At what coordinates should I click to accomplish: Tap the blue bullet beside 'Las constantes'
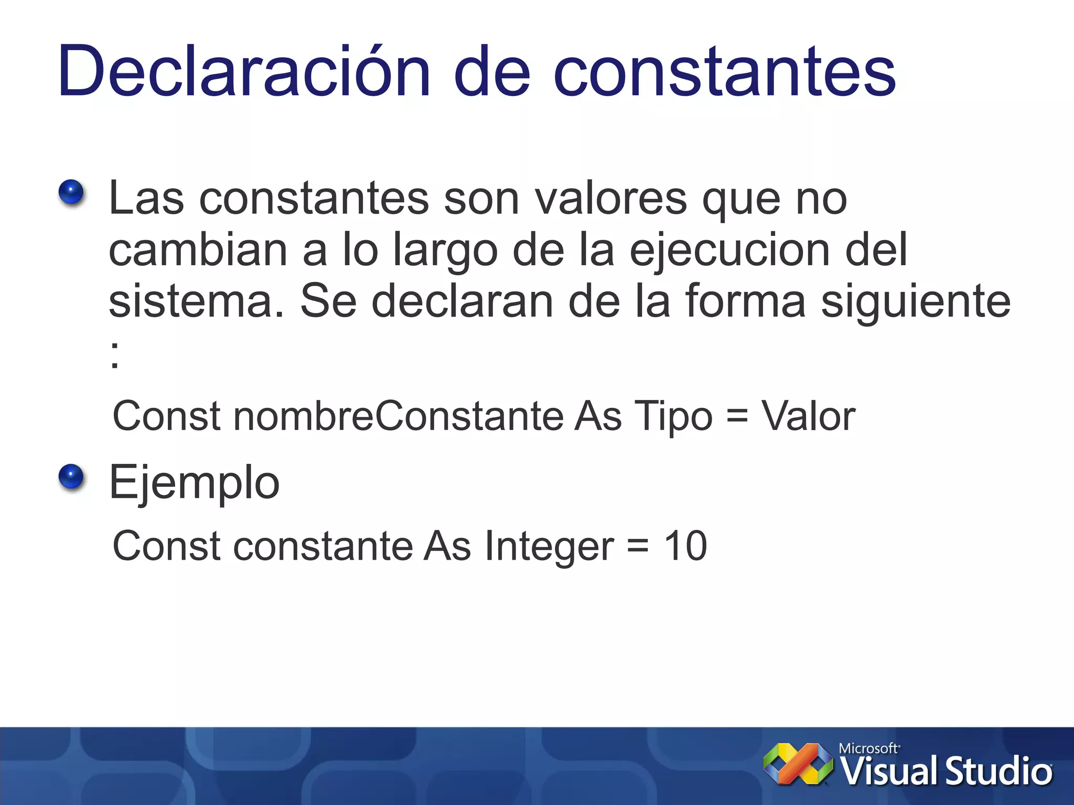click(x=71, y=192)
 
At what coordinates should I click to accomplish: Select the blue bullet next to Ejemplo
click(x=71, y=476)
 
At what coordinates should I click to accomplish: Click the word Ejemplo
click(x=194, y=483)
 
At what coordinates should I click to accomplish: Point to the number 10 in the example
click(x=685, y=546)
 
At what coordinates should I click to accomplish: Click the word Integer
click(x=549, y=547)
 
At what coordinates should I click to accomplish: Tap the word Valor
click(x=808, y=416)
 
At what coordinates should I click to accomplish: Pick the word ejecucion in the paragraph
click(x=730, y=251)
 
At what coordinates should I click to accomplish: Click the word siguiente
click(x=915, y=301)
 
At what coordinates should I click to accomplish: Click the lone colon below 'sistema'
click(x=115, y=354)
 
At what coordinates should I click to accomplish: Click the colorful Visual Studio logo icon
click(x=798, y=764)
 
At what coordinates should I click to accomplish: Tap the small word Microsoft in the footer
click(x=868, y=748)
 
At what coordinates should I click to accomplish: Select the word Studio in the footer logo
click(x=998, y=771)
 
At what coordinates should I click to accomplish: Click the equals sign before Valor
click(x=737, y=416)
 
